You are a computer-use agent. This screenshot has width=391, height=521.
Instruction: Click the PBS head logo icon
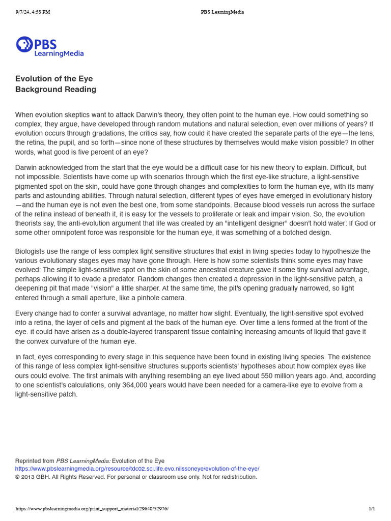[24, 45]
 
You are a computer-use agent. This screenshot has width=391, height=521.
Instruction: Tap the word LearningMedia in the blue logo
[59, 53]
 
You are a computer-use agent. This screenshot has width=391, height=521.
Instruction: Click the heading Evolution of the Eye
[54, 79]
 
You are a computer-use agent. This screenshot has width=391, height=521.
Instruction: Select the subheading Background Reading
[55, 90]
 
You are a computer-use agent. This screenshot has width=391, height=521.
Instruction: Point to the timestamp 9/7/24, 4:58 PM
[33, 12]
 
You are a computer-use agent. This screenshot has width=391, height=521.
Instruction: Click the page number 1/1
[372, 508]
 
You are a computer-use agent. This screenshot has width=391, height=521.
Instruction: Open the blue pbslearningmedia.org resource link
[137, 469]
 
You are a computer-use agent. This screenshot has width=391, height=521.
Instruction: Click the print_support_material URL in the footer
[92, 508]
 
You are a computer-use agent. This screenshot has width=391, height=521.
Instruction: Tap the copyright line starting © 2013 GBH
[136, 477]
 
